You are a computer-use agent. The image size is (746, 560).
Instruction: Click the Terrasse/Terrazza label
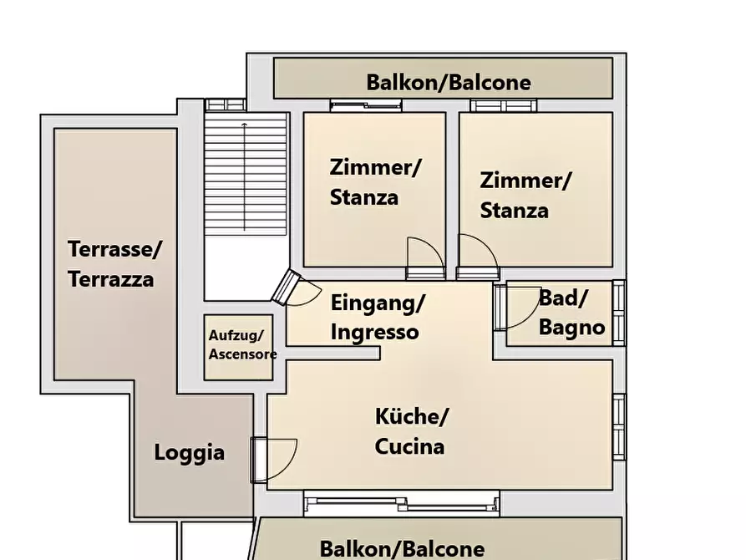114,264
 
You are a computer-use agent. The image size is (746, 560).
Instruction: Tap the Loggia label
190,452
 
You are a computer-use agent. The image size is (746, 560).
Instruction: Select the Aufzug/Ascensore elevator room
238,347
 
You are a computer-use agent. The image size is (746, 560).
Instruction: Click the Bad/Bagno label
571,313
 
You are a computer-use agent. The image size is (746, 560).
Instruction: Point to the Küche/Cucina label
411,431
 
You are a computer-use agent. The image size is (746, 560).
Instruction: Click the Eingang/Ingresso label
378,318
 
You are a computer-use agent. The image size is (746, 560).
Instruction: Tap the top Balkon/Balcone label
449,83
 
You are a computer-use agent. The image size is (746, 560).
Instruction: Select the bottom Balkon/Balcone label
402,549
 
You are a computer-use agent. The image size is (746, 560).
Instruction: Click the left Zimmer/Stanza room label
375,182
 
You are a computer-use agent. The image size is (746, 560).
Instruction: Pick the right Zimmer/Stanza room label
525,196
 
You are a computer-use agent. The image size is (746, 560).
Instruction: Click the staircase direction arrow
245,176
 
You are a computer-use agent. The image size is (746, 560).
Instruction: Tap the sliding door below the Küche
402,504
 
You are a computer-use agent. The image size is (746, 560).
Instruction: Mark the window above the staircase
225,104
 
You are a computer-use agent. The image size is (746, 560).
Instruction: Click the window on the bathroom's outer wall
618,313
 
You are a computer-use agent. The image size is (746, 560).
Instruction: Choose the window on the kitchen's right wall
618,426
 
